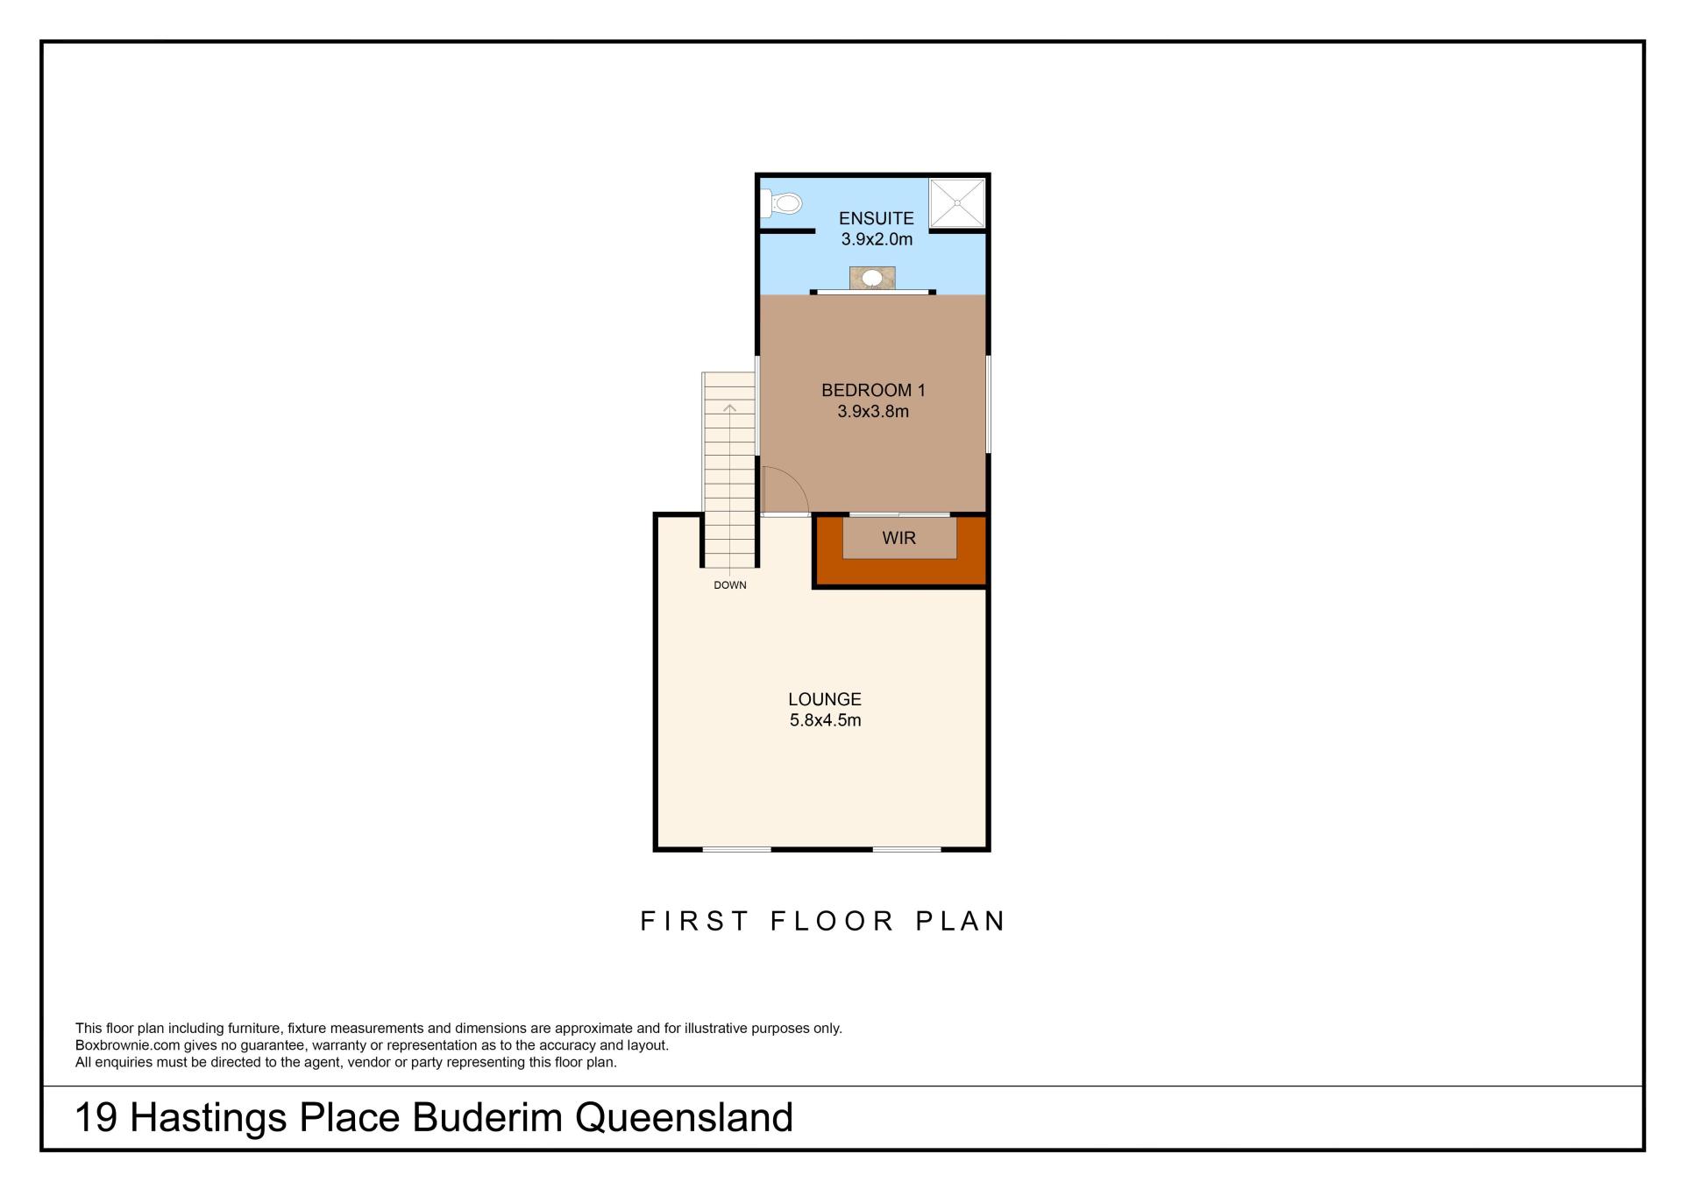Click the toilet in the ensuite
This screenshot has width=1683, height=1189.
click(x=781, y=204)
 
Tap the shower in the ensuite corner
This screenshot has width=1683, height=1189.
click(x=957, y=203)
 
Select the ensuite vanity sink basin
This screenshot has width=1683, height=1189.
click(x=872, y=279)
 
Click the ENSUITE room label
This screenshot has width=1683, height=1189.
click(x=877, y=218)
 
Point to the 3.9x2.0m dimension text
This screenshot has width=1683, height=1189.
click(x=877, y=239)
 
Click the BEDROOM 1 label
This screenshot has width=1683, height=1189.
click(x=873, y=390)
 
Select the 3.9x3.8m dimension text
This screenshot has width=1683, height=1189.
click(x=873, y=411)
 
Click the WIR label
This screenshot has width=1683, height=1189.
click(x=899, y=538)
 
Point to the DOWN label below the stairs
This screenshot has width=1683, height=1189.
click(x=730, y=585)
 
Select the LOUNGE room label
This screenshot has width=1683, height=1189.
click(x=825, y=699)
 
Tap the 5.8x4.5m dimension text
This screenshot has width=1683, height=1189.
click(x=825, y=720)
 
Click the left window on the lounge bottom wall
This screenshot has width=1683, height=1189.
click(x=737, y=848)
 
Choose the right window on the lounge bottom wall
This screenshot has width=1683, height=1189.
click(x=906, y=848)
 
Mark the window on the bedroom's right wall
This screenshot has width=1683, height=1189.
click(x=988, y=404)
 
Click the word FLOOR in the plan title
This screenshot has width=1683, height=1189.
click(x=833, y=921)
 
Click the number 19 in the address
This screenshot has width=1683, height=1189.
click(x=96, y=1118)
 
